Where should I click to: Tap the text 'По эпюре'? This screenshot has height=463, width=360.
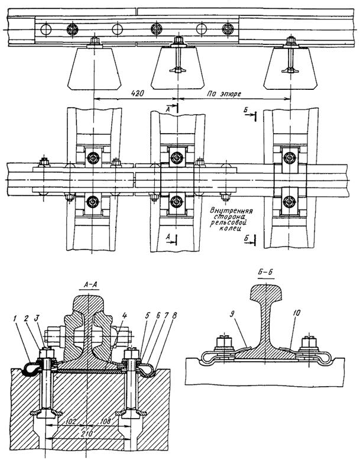click(x=224, y=94)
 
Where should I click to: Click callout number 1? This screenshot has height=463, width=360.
click(x=15, y=318)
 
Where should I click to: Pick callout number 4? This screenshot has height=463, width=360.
click(x=124, y=315)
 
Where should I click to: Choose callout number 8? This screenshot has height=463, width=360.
click(x=174, y=315)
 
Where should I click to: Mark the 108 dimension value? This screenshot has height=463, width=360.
click(x=105, y=422)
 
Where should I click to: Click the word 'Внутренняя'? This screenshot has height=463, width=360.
click(x=231, y=211)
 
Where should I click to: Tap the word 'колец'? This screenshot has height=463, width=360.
click(x=231, y=228)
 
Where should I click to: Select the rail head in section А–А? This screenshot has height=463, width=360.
click(x=88, y=302)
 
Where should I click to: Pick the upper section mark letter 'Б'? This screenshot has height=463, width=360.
click(x=246, y=111)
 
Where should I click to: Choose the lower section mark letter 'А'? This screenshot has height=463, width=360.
click(x=168, y=237)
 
